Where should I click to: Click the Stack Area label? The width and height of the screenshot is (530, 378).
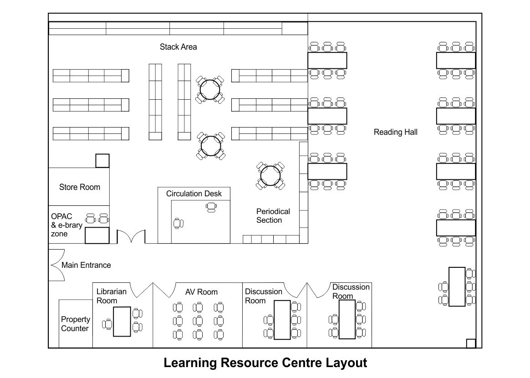pyautogui.click(x=178, y=47)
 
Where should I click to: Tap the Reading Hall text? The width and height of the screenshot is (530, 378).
pyautogui.click(x=396, y=132)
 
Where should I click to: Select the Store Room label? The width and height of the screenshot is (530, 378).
pyautogui.click(x=79, y=187)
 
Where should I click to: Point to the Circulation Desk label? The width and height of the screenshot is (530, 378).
pyautogui.click(x=194, y=194)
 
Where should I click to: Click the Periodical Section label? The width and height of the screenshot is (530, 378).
pyautogui.click(x=273, y=216)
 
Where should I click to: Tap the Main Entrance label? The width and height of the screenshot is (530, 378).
pyautogui.click(x=86, y=265)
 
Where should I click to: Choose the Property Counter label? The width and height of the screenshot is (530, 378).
pyautogui.click(x=76, y=324)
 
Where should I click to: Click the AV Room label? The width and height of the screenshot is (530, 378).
pyautogui.click(x=201, y=292)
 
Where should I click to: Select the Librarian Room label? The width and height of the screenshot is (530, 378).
pyautogui.click(x=111, y=296)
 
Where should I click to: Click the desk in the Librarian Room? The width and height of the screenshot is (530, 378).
pyautogui.click(x=122, y=322)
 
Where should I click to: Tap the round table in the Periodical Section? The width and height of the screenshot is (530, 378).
pyautogui.click(x=270, y=175)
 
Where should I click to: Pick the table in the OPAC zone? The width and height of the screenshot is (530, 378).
pyautogui.click(x=97, y=235)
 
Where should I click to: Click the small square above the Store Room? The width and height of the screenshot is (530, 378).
pyautogui.click(x=102, y=161)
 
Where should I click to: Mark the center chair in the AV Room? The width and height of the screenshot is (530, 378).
pyautogui.click(x=198, y=321)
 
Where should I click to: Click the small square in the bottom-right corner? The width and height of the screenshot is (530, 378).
pyautogui.click(x=471, y=343)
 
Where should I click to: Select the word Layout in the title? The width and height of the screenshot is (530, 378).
pyautogui.click(x=347, y=363)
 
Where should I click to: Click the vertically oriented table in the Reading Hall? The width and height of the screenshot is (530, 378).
pyautogui.click(x=457, y=287)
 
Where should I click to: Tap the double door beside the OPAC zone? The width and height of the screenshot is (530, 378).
pyautogui.click(x=131, y=237)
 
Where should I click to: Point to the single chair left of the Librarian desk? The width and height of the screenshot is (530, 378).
pyautogui.click(x=107, y=324)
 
